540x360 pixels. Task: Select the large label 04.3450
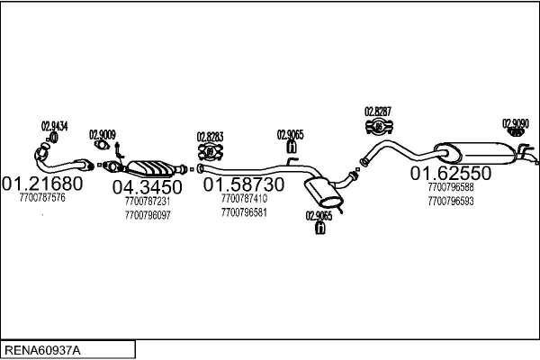point(147,187)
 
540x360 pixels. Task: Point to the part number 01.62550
point(451,173)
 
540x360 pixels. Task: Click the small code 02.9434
point(55,126)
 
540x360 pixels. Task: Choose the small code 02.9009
point(103,136)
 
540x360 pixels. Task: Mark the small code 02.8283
point(210,137)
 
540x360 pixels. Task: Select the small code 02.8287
point(378,112)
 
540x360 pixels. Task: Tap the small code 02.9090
point(516,123)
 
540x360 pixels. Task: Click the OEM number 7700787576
point(41,198)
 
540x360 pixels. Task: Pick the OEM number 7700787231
point(148,202)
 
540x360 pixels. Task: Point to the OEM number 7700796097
point(148,215)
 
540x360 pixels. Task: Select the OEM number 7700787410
point(243,198)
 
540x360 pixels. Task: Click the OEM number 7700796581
point(243,212)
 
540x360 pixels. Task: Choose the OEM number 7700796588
point(451,187)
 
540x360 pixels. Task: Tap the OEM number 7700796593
point(451,201)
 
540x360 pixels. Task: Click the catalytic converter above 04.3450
point(152,167)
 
